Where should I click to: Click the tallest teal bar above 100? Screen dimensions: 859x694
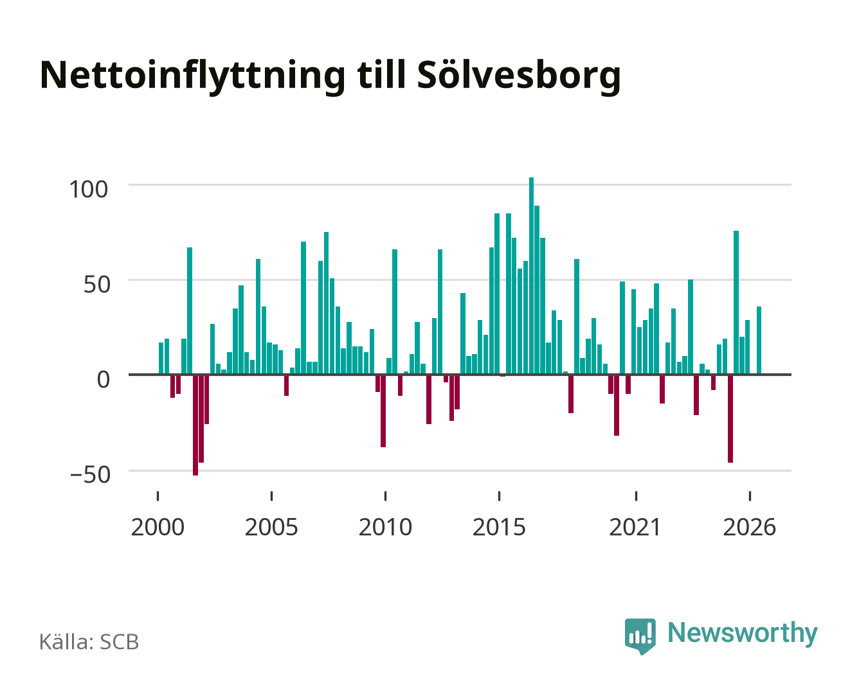click(531, 276)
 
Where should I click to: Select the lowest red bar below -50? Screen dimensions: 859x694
click(195, 425)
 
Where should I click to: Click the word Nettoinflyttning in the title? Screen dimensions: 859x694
click(192, 76)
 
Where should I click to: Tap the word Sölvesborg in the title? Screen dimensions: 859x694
click(519, 76)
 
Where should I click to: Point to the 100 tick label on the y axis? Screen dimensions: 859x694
click(89, 189)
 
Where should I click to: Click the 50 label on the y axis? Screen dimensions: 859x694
click(97, 285)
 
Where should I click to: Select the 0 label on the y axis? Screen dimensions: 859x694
click(104, 380)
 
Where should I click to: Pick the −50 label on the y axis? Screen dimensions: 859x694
click(90, 474)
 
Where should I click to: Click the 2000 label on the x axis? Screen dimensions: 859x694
click(158, 527)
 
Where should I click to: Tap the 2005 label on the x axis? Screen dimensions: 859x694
click(271, 527)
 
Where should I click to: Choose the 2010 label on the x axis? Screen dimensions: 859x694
click(385, 527)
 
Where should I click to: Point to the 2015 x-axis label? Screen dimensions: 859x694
click(499, 527)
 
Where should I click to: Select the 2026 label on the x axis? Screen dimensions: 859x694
click(749, 527)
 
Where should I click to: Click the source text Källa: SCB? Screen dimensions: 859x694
click(89, 641)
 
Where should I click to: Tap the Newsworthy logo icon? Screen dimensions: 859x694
click(640, 636)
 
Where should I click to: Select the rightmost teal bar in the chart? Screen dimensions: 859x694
click(759, 341)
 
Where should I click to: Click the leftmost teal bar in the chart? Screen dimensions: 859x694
click(161, 359)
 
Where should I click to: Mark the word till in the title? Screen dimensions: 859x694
click(381, 75)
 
